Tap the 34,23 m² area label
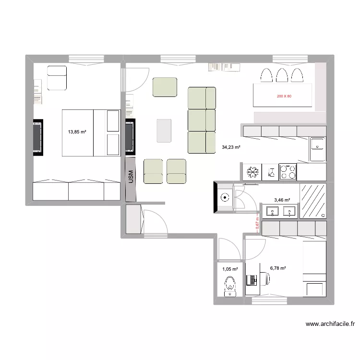231,148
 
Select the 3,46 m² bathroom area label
282,200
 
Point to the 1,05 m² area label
230,269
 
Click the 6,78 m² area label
278,268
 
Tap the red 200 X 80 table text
284,96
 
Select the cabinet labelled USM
130,177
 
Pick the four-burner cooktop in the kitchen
288,172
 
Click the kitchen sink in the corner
317,149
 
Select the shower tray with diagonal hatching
313,201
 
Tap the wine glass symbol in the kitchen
270,172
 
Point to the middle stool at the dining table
281,75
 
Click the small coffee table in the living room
164,131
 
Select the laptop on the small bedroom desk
251,280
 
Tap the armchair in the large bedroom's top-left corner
57,78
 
